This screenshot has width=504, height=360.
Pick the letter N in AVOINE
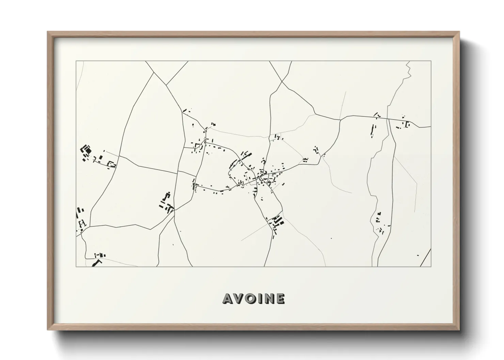pyautogui.click(x=268, y=298)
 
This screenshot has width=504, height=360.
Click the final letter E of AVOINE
pyautogui.click(x=280, y=298)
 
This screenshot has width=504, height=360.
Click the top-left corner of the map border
pyautogui.click(x=76, y=61)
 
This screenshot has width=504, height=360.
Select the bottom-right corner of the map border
pyautogui.click(x=431, y=266)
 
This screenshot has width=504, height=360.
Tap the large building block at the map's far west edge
pyautogui.click(x=86, y=150)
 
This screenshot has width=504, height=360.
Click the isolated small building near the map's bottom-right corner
pyautogui.click(x=418, y=255)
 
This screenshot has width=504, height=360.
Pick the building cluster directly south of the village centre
pyautogui.click(x=277, y=223)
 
